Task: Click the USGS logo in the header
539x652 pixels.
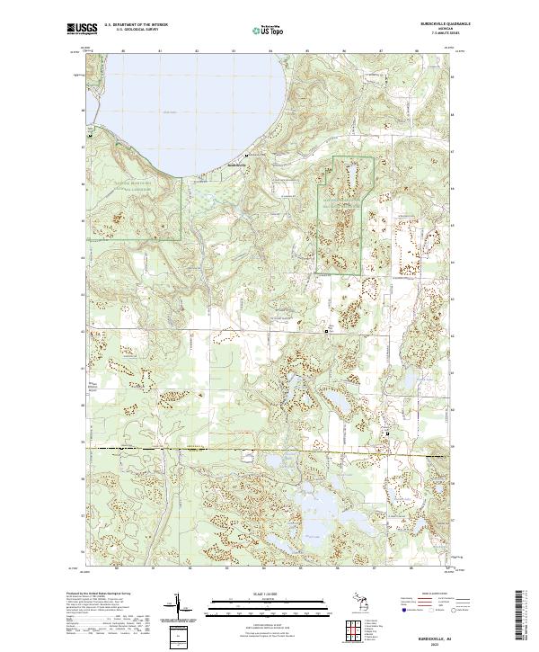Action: click(80, 30)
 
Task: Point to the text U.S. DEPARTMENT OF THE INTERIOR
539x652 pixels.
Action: click(137, 26)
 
